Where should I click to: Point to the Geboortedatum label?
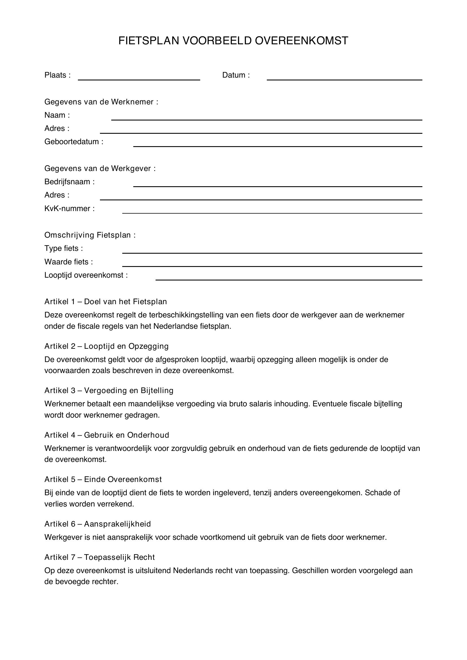74,142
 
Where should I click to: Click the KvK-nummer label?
69,209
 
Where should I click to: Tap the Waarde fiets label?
68,262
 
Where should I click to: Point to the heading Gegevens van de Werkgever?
100,168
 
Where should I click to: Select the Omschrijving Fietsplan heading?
90,235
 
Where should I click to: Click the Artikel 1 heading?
106,302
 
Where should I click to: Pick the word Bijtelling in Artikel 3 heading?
157,390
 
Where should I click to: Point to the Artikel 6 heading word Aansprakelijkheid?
117,524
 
